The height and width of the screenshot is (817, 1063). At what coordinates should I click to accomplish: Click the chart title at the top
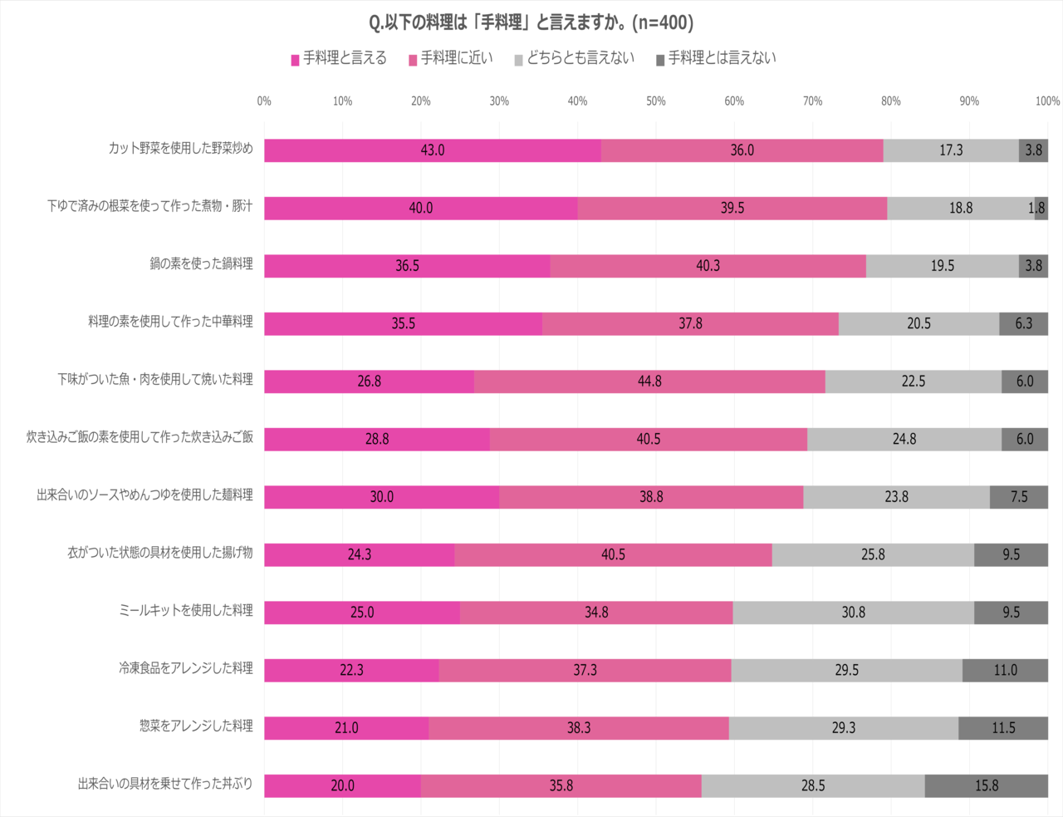[x=531, y=22]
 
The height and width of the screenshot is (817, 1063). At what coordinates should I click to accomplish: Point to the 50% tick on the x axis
[x=656, y=101]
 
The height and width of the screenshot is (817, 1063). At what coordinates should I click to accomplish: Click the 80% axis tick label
[x=890, y=101]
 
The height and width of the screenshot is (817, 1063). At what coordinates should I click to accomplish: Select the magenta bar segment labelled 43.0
[x=433, y=150]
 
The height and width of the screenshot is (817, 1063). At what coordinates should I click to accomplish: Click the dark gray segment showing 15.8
[x=987, y=785]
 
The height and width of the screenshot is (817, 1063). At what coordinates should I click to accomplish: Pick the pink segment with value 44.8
[x=649, y=381]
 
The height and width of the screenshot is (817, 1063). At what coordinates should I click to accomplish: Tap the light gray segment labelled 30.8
[x=853, y=613]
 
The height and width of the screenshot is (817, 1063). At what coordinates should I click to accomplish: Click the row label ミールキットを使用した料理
[x=186, y=611]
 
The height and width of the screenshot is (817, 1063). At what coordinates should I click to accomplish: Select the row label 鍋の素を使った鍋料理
[x=201, y=264]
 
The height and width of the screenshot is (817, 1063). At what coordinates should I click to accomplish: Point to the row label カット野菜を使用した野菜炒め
[x=180, y=149]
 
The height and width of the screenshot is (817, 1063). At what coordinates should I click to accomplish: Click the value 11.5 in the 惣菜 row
[x=1003, y=728]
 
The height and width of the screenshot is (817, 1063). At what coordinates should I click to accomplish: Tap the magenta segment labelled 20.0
[x=342, y=785]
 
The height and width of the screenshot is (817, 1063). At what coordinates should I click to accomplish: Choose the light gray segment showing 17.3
[x=951, y=150]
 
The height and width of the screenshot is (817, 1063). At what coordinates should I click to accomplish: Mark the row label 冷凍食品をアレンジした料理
[x=186, y=668]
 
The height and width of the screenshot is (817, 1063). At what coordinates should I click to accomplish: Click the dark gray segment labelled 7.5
[x=1019, y=497]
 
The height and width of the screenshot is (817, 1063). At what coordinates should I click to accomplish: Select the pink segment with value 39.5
[x=732, y=208]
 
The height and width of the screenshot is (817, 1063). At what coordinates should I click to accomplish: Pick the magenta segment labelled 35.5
[x=403, y=323]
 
